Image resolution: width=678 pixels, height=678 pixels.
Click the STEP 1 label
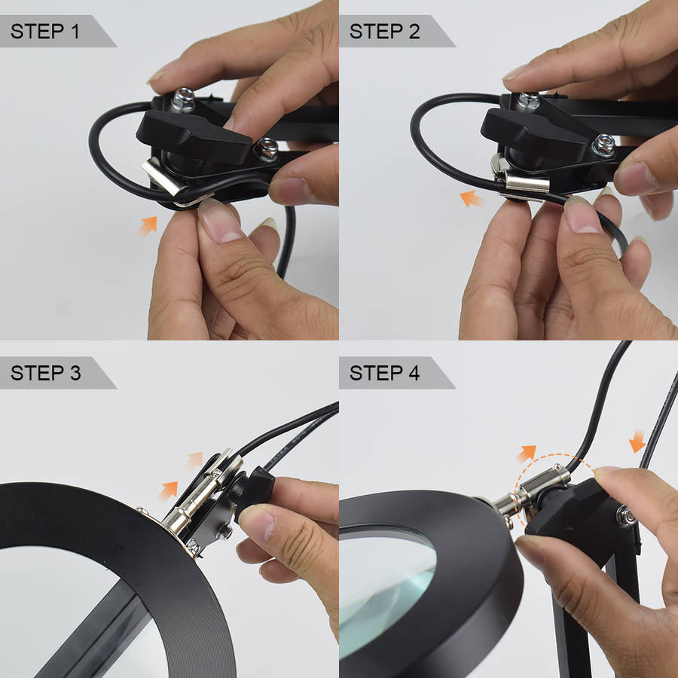tap(45, 32)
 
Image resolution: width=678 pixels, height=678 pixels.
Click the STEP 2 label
tap(384, 32)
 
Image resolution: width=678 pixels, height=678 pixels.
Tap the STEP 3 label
tap(45, 373)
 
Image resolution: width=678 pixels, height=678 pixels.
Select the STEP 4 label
tap(384, 373)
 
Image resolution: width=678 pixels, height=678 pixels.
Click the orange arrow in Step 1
tap(148, 226)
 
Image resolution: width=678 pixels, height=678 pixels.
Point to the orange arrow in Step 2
tap(472, 198)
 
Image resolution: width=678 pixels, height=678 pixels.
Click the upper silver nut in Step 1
tap(183, 100)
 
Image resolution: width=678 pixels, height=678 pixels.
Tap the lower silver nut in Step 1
tap(266, 149)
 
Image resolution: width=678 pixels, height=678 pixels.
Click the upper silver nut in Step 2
tap(528, 100)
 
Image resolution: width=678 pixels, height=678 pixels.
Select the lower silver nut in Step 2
tap(603, 145)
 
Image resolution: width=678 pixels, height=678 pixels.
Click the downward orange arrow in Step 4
tap(637, 441)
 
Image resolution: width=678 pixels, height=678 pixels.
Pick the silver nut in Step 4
tap(625, 515)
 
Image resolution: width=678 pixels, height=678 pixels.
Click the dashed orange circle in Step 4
tap(554, 455)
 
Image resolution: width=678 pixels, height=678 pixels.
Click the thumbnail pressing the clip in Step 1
tap(219, 220)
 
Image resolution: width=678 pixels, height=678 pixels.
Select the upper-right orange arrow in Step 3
tap(194, 460)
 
